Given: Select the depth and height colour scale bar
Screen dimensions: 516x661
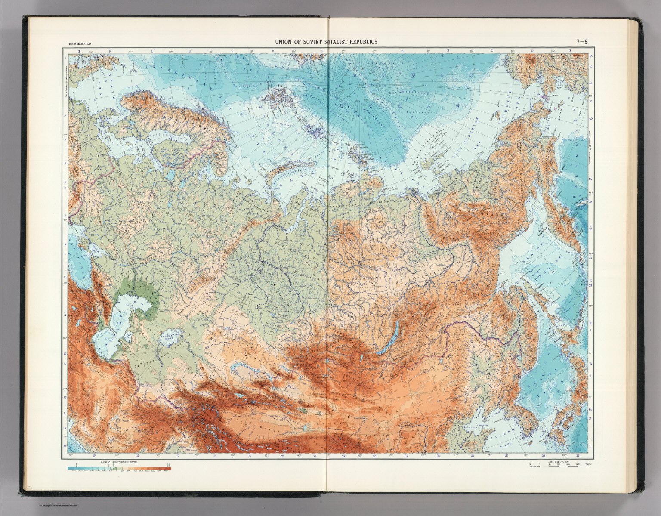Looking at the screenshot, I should click(119, 469).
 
